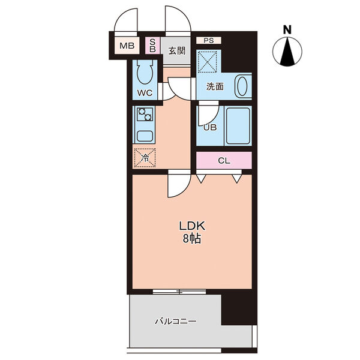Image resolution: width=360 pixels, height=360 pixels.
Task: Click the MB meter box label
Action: click(x=127, y=46)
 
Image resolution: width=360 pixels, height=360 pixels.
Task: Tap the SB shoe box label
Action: click(x=152, y=45)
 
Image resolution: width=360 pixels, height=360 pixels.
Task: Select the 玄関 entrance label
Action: click(x=177, y=51)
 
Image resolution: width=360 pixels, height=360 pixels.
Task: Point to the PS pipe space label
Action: click(x=208, y=41)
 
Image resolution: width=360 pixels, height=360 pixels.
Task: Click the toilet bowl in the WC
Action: click(x=145, y=72)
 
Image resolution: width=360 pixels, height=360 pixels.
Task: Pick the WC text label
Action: click(x=145, y=93)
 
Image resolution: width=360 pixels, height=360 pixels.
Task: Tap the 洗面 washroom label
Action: click(x=215, y=86)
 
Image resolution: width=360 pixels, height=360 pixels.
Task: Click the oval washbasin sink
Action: click(x=242, y=86)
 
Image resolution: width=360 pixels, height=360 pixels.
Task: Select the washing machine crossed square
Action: click(x=208, y=62)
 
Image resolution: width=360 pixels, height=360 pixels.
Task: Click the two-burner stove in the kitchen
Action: click(x=145, y=114)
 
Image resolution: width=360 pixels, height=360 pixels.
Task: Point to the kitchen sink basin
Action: click(x=145, y=136)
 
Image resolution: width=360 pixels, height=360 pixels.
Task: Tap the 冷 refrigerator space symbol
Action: click(x=145, y=158)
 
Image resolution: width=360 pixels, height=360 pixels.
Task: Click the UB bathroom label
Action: click(x=210, y=127)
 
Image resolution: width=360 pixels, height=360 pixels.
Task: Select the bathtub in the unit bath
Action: click(x=238, y=126)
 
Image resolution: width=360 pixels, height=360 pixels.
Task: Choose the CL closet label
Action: click(x=224, y=161)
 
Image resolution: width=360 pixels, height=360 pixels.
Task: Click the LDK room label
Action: click(x=192, y=226)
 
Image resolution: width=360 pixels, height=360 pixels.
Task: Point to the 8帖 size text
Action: click(x=192, y=239)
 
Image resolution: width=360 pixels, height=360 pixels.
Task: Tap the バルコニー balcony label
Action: click(x=176, y=321)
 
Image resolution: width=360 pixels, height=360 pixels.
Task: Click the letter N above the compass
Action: click(x=287, y=29)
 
